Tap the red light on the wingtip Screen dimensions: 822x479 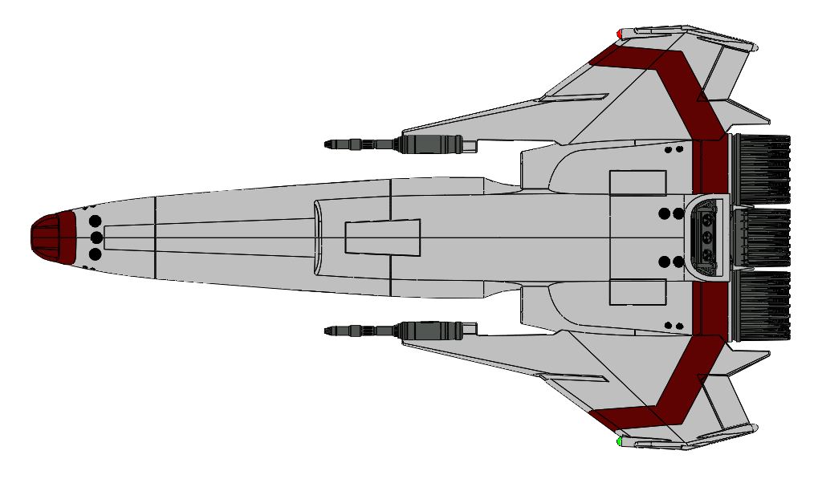(x=620, y=34)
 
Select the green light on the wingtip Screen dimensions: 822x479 (x=620, y=441)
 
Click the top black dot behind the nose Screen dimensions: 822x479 (x=95, y=221)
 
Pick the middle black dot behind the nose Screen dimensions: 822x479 (x=95, y=237)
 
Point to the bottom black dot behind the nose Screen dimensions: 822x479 (x=95, y=254)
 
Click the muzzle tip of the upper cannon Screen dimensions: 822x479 (x=328, y=144)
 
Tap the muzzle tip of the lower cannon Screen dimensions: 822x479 (x=328, y=331)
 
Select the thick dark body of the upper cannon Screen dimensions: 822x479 (x=431, y=144)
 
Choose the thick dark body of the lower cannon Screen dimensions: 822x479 (x=431, y=331)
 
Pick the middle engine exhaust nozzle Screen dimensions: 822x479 (x=763, y=238)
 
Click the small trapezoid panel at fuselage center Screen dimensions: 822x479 (x=383, y=237)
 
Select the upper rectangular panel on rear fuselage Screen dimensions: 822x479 (x=638, y=183)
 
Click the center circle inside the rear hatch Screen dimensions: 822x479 (x=707, y=237)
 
